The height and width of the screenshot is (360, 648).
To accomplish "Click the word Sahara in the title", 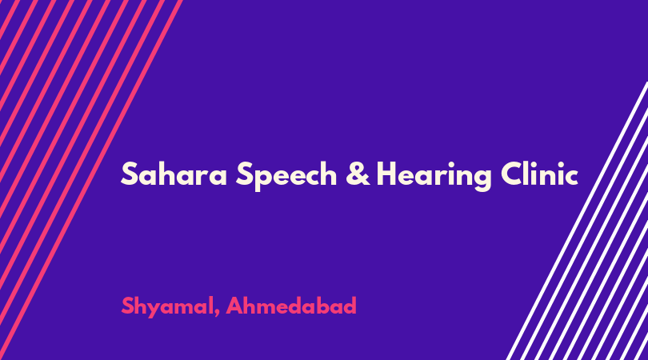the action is coord(174,174).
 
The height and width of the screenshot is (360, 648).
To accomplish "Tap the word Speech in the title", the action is coord(286,176).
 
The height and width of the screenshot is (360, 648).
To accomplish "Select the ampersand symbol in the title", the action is coord(358,174).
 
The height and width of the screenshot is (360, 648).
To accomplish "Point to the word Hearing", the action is coord(434,176).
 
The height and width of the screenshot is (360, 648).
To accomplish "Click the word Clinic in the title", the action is coord(539,174).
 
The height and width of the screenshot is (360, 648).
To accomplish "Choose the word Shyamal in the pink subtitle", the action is coord(167,307).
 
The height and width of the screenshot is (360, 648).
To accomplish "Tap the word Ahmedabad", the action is coord(291,306).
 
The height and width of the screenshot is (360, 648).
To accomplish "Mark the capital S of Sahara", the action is coord(129,174).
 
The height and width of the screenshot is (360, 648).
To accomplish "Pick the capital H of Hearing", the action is coord(387,174).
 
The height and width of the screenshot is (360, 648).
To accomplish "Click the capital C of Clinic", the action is coord(513,174).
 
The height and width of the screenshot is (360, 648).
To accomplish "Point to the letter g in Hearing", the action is coord(482,180).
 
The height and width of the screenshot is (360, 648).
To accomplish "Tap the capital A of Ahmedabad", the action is coord(235,306).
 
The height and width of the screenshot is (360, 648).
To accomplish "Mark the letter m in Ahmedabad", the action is coord(267,308).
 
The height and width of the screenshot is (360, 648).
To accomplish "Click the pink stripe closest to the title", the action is coord(91,180).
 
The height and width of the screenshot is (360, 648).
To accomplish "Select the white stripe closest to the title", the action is coord(578,221).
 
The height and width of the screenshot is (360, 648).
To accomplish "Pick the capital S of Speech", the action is coord(245,174).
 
